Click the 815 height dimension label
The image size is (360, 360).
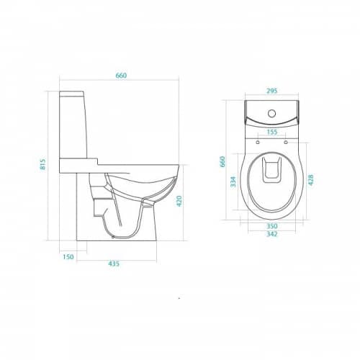pyautogui.click(x=43, y=164)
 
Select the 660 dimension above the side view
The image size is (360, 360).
pyautogui.click(x=121, y=76)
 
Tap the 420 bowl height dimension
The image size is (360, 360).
pyautogui.click(x=179, y=201)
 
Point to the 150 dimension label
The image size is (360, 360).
pyautogui.click(x=68, y=257)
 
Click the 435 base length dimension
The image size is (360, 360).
pyautogui.click(x=114, y=264)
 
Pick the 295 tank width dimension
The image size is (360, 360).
pyautogui.click(x=272, y=91)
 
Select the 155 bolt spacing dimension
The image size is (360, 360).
pyautogui.click(x=272, y=132)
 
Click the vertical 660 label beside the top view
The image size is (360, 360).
pyautogui.click(x=222, y=161)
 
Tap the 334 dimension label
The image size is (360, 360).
pyautogui.click(x=233, y=181)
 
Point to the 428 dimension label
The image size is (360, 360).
pyautogui.click(x=311, y=180)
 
